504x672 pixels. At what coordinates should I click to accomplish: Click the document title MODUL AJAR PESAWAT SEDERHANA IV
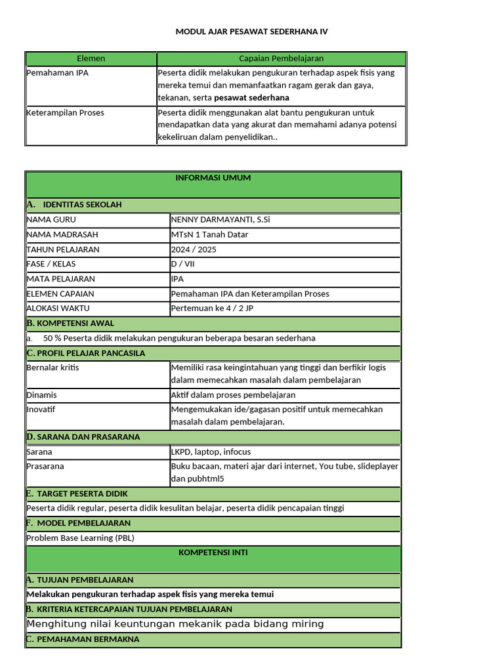pyautogui.click(x=251, y=31)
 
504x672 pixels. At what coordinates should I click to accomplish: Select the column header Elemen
pyautogui.click(x=91, y=58)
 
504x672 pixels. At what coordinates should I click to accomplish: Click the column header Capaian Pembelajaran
pyautogui.click(x=281, y=58)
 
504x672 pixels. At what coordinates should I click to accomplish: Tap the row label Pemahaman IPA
pyautogui.click(x=57, y=73)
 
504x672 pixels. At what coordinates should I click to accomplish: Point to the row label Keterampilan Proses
pyautogui.click(x=65, y=112)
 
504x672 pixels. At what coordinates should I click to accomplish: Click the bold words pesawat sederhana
pyautogui.click(x=251, y=98)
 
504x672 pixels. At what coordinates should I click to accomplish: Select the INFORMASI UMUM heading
pyautogui.click(x=213, y=178)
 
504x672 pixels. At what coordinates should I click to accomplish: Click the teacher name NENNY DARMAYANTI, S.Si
pyautogui.click(x=220, y=219)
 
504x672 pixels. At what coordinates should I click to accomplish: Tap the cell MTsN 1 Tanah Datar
pyautogui.click(x=209, y=234)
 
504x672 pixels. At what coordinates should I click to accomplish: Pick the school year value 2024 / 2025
pyautogui.click(x=193, y=249)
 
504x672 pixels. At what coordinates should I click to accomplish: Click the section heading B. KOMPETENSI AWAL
pyautogui.click(x=70, y=323)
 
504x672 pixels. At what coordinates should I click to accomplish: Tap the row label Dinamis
pyautogui.click(x=41, y=395)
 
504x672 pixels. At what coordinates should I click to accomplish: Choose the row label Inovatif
pyautogui.click(x=41, y=409)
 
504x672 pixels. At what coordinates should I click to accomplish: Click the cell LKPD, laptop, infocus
pyautogui.click(x=210, y=451)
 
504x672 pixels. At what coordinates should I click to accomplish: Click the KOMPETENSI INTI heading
pyautogui.click(x=213, y=553)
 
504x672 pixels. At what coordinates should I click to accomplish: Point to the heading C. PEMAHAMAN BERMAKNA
pyautogui.click(x=83, y=639)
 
